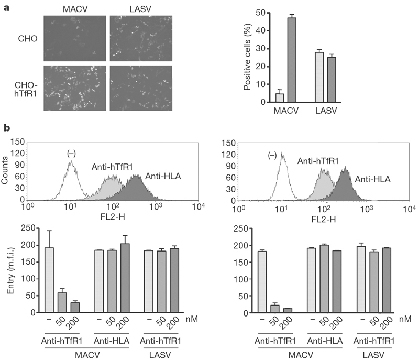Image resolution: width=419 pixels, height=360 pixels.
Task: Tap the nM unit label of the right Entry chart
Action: pyautogui.click(x=404, y=318)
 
